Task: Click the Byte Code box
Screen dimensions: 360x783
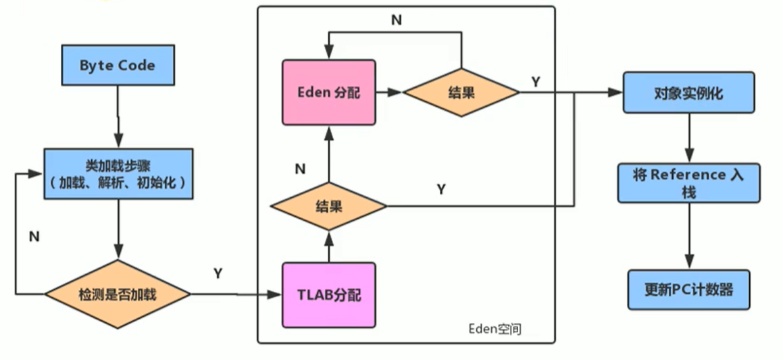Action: click(118, 66)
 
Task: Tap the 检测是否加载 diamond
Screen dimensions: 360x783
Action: click(118, 294)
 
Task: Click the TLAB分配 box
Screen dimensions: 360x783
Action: click(328, 294)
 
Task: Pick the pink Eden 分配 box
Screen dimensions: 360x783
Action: click(328, 93)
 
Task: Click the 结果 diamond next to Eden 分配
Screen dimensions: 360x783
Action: click(461, 93)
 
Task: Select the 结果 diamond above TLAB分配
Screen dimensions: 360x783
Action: click(328, 205)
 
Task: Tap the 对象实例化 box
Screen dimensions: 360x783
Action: click(688, 93)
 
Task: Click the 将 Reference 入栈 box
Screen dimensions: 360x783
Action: click(688, 182)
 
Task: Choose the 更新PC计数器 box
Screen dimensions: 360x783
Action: click(688, 290)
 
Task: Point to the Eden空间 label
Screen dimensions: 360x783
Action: click(495, 329)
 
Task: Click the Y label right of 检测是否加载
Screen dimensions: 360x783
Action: click(218, 274)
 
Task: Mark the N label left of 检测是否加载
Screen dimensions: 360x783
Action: click(34, 236)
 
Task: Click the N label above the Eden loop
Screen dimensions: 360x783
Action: click(397, 20)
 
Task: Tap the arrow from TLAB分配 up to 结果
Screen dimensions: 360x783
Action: click(328, 247)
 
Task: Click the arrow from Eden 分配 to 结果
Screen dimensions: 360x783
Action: click(388, 93)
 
